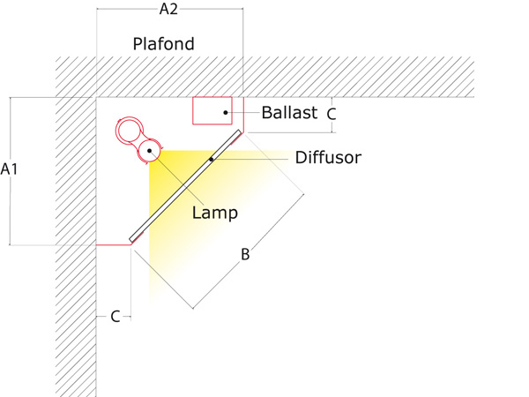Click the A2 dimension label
(x=168, y=9)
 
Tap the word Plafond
(x=164, y=44)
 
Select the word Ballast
(x=289, y=112)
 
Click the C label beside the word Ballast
(x=332, y=114)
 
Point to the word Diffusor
(x=328, y=157)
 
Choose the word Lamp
(x=215, y=213)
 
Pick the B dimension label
(x=245, y=254)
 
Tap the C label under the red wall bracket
(x=115, y=317)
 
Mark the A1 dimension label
(x=9, y=169)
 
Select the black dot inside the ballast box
(x=226, y=112)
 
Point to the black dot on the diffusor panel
(x=212, y=159)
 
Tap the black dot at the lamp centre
(x=150, y=151)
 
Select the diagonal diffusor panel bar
(x=185, y=186)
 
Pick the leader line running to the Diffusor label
(x=250, y=159)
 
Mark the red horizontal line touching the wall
(x=114, y=244)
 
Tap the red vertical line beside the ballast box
(x=243, y=115)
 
